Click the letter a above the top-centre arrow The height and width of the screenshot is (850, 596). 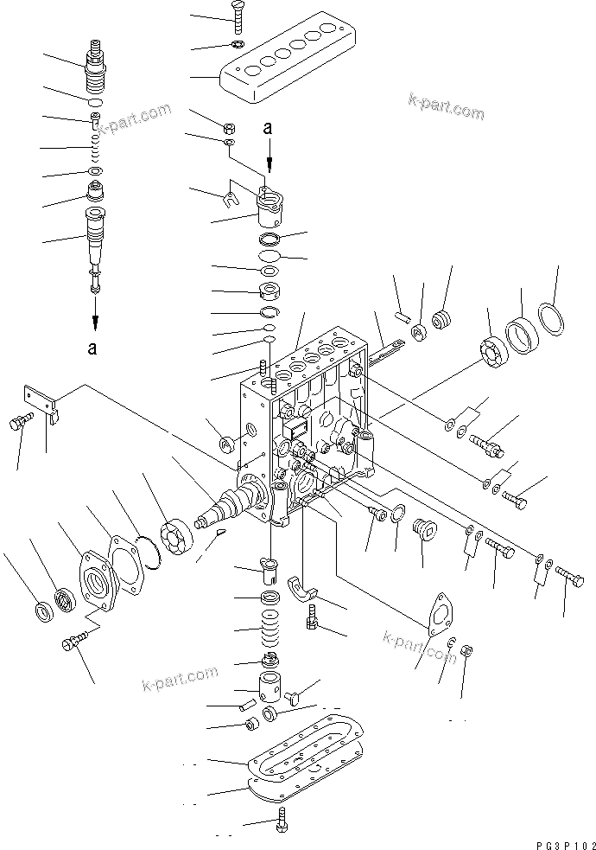[268, 127]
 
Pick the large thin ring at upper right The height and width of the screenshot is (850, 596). [553, 319]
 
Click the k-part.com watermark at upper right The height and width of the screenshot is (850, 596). [447, 105]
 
